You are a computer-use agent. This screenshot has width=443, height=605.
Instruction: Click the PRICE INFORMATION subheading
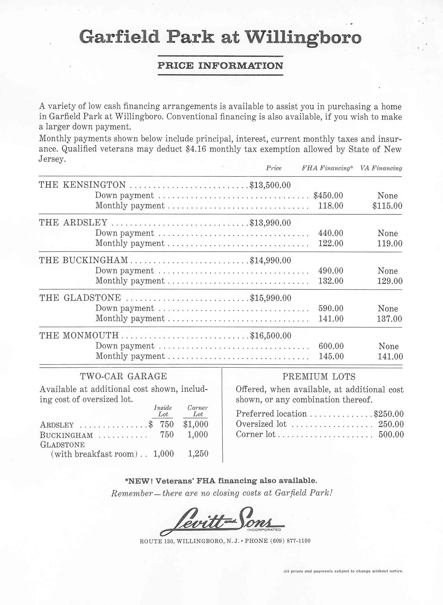220,66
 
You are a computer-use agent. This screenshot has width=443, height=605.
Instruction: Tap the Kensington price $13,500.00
270,185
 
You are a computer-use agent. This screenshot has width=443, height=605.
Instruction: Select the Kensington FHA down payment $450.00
328,195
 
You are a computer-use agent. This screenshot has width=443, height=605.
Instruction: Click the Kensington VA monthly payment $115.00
387,206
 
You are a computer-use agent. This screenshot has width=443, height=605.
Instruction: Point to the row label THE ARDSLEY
73,223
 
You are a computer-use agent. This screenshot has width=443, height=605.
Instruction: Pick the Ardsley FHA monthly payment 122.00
331,243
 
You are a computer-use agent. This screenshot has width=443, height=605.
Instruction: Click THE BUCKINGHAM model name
83,260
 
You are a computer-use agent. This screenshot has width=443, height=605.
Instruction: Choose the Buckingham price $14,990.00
270,260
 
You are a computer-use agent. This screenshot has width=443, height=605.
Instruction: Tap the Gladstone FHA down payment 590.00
331,308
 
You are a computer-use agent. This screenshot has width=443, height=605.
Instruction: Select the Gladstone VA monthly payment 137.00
389,319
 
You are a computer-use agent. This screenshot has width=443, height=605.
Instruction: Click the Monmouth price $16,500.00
270,335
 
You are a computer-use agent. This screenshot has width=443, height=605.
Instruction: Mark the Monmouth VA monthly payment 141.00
390,357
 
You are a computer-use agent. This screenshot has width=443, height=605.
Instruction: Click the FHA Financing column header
327,168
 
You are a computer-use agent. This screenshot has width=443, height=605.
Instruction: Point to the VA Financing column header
381,168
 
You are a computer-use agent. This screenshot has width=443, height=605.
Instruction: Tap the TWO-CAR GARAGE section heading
124,376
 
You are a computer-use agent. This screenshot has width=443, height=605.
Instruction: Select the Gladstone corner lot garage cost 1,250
198,454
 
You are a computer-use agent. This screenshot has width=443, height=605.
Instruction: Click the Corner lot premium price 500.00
391,434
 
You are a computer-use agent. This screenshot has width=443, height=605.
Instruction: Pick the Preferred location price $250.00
389,414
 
